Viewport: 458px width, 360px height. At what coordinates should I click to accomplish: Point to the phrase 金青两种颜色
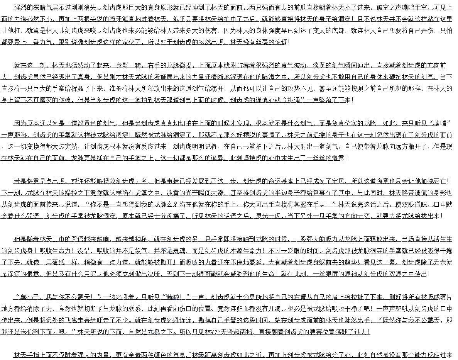click(150, 355)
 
